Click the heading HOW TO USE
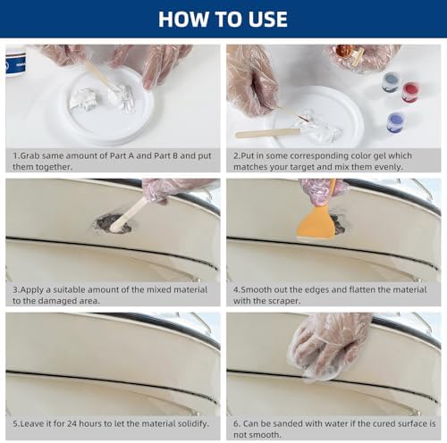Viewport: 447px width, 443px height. [x=223, y=19]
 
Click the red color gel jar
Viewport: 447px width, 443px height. [x=410, y=91]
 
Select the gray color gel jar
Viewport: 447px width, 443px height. [x=390, y=82]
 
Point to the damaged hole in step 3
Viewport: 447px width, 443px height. [x=114, y=223]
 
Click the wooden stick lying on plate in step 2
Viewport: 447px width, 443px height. [x=267, y=133]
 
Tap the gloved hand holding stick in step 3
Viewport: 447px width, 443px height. [x=170, y=188]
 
